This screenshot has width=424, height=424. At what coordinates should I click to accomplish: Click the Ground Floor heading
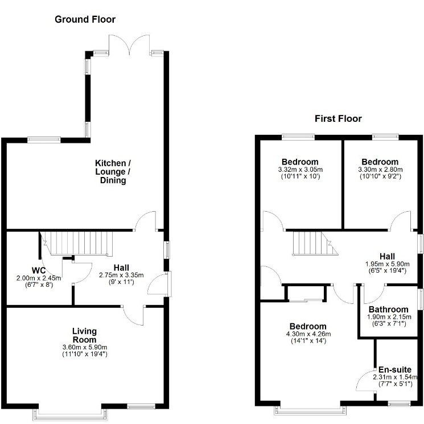point(85,19)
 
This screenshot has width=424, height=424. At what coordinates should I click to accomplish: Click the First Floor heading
point(338,119)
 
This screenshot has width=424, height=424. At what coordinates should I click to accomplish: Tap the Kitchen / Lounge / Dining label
point(113,172)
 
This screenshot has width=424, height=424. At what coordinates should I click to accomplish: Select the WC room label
point(39,270)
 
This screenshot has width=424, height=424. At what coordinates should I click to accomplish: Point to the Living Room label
point(85,335)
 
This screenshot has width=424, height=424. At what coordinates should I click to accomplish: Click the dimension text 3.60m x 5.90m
point(85,347)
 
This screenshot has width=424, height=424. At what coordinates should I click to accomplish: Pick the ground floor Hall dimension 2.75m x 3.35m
point(121,275)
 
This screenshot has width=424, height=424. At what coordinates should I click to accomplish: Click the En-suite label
point(395,369)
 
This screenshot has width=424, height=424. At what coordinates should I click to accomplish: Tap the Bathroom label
point(389,310)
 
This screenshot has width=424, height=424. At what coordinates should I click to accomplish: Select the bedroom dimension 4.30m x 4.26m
point(308,334)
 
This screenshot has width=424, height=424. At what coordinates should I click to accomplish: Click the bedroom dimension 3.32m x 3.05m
point(300,170)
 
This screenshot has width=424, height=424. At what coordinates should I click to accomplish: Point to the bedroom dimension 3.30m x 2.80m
point(380,170)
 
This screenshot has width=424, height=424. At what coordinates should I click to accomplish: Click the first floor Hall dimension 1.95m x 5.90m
point(387,264)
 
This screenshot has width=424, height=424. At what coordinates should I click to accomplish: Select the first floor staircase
point(315,243)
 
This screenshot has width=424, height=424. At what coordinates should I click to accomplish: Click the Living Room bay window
point(70,414)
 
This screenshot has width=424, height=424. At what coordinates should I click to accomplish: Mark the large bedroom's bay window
point(310,410)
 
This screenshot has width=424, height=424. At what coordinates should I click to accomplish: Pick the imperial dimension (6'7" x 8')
point(39,285)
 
